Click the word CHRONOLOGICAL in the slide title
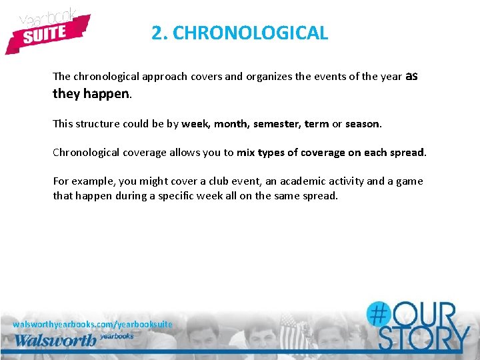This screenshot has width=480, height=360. tap(250, 33)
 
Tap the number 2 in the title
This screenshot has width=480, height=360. tap(157, 33)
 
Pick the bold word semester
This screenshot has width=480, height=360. tap(277, 124)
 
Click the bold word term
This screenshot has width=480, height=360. tap(317, 124)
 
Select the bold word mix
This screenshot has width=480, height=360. tap(245, 153)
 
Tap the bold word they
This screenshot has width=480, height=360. tap(66, 94)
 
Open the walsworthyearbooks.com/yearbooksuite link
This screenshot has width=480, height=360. tap(93, 324)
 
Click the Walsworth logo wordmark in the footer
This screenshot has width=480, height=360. tap(55, 339)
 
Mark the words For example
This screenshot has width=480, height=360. tap(83, 181)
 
